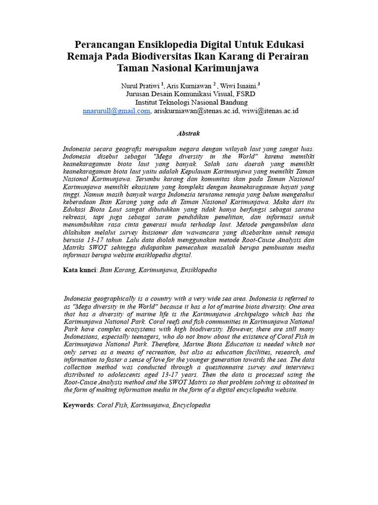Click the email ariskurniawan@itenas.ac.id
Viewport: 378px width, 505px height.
click(x=196, y=111)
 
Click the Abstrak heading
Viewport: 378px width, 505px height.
click(x=189, y=133)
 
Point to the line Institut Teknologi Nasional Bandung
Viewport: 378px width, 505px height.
click(x=189, y=102)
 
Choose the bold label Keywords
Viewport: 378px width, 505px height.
click(x=79, y=405)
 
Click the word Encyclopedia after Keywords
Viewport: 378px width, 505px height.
click(x=192, y=405)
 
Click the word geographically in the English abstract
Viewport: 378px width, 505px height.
click(x=113, y=298)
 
